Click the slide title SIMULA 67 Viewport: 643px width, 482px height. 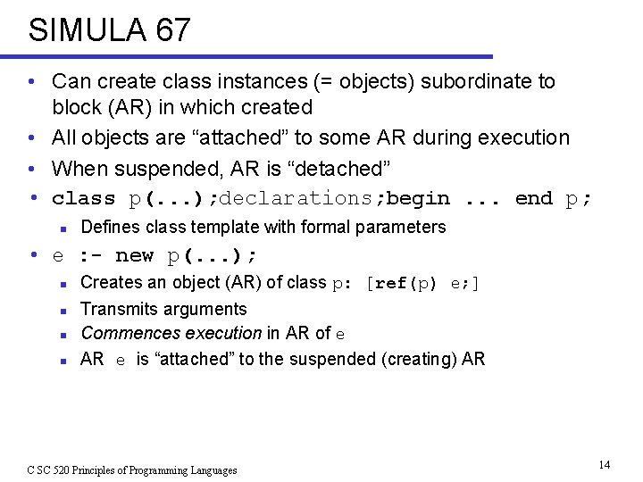pyautogui.click(x=109, y=30)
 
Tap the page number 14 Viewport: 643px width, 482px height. pyautogui.click(x=605, y=464)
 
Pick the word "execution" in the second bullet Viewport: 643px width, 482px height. pyautogui.click(x=526, y=137)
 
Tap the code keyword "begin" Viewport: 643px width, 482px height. pyautogui.click(x=418, y=198)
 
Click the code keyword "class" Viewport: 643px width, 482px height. pyautogui.click(x=84, y=198)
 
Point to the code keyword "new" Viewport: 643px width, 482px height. pyautogui.click(x=134, y=256)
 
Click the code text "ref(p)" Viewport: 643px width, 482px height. pyautogui.click(x=405, y=283)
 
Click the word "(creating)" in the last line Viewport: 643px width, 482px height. pyautogui.click(x=408, y=359)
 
